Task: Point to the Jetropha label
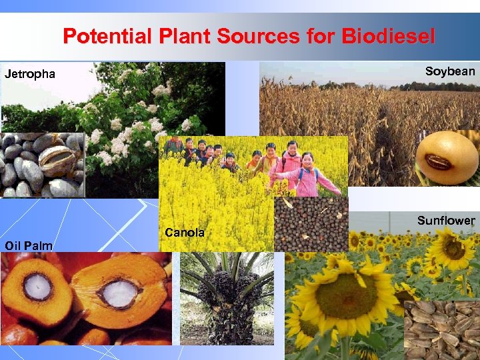pos(30,74)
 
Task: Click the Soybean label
pos(450,71)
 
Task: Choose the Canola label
pos(185,233)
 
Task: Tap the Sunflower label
pos(446,221)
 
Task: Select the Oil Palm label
pos(28,246)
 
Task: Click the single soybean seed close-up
pos(447,159)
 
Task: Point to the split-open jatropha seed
pos(58,154)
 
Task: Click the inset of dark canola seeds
pos(311,224)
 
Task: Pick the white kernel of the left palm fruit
pos(38,286)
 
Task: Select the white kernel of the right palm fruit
pos(119,293)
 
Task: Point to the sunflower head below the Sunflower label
pos(453,248)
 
